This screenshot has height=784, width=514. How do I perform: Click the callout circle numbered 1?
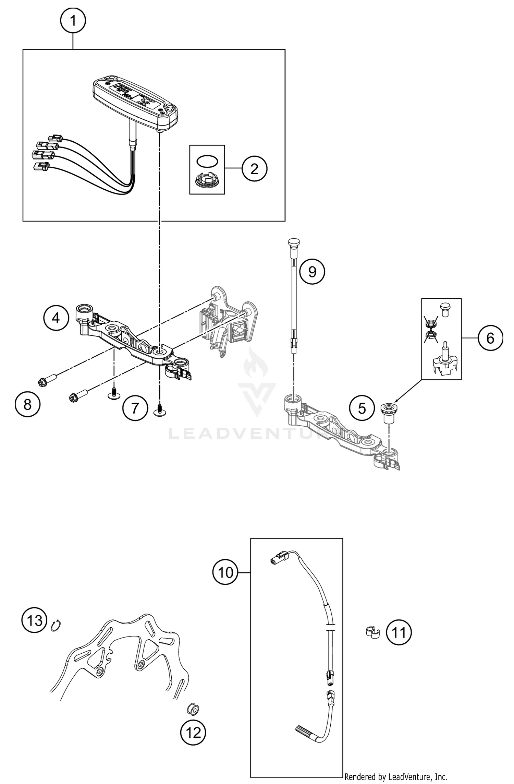[73, 21]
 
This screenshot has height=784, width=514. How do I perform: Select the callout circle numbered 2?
[254, 168]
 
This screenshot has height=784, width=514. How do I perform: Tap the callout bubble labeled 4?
[56, 318]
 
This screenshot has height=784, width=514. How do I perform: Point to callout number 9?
[312, 272]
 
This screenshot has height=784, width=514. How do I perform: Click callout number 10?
[225, 572]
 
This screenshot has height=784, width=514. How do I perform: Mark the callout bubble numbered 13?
[34, 620]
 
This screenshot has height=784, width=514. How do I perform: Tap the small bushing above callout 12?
[193, 709]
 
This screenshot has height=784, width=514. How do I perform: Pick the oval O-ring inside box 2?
[207, 161]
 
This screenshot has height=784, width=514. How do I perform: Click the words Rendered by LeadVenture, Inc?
[396, 777]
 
